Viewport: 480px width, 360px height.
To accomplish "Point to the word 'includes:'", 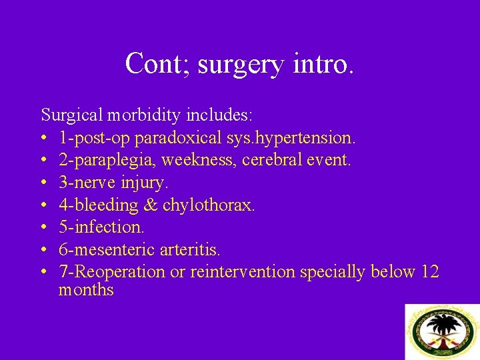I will click(x=219, y=115).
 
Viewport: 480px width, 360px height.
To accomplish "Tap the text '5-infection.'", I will click(x=101, y=227).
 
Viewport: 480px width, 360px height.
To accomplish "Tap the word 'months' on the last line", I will click(x=86, y=290).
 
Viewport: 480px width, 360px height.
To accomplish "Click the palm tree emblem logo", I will click(x=443, y=331).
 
